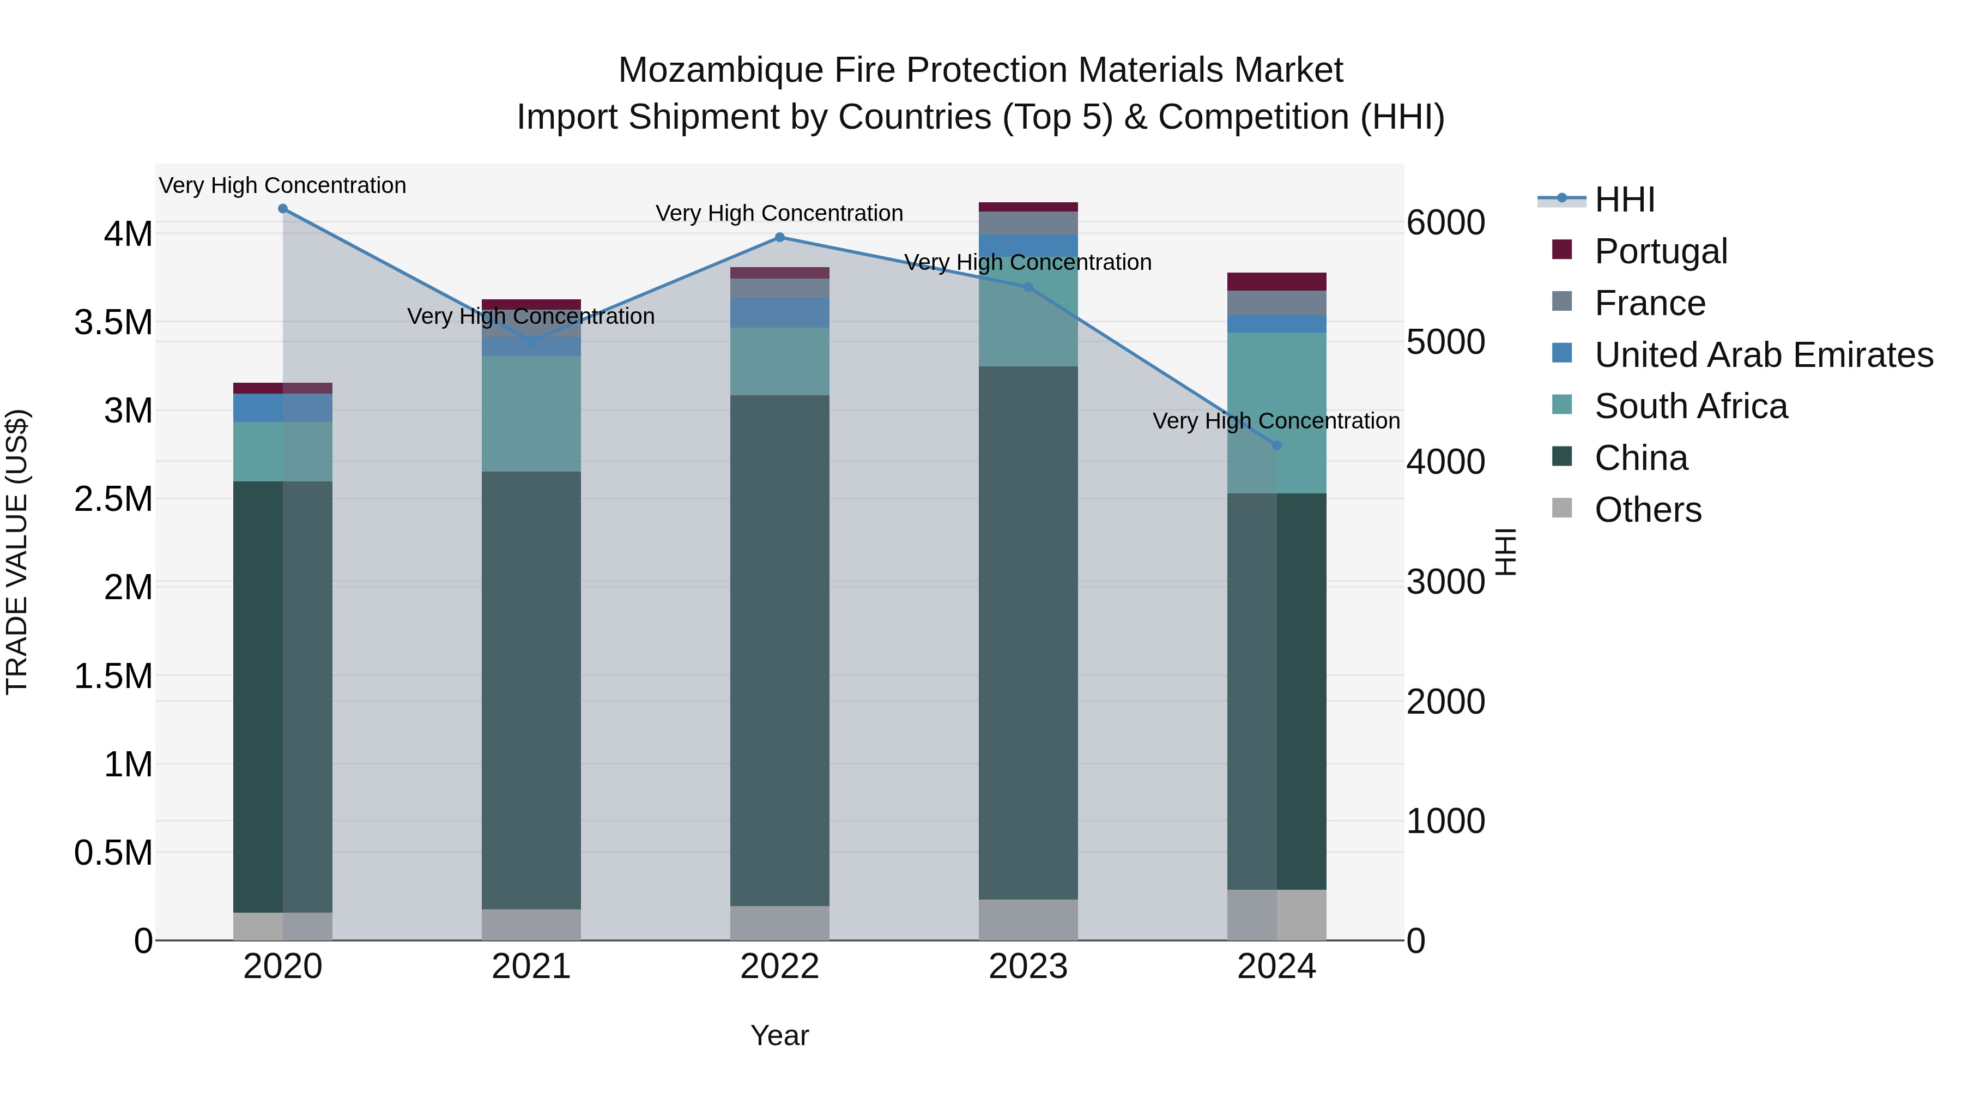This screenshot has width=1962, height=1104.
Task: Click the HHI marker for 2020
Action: click(x=282, y=209)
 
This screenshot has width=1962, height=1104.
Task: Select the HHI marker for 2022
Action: click(x=779, y=238)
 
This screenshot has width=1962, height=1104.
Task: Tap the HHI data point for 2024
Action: click(x=1276, y=446)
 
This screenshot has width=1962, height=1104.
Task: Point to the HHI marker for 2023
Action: click(x=1028, y=287)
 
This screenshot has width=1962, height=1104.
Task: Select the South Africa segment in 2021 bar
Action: click(x=531, y=414)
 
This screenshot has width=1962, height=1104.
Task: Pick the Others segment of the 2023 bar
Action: click(x=1028, y=920)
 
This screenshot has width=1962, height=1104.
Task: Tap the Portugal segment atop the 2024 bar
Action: click(x=1276, y=281)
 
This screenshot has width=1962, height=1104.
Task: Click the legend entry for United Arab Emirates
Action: click(x=1763, y=355)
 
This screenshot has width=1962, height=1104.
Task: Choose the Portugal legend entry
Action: click(x=1661, y=251)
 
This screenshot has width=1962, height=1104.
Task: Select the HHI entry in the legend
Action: click(x=1624, y=200)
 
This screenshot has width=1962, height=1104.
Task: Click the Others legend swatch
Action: click(x=1561, y=508)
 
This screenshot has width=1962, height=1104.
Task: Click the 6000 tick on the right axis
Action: click(x=1445, y=222)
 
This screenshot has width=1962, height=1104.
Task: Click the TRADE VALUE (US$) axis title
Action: click(x=17, y=552)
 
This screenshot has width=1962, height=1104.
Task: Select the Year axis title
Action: click(x=779, y=1035)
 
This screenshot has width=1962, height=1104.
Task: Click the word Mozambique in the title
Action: click(x=720, y=70)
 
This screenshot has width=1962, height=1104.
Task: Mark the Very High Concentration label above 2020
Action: click(x=282, y=186)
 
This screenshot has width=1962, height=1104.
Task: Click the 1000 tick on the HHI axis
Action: click(x=1445, y=822)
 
